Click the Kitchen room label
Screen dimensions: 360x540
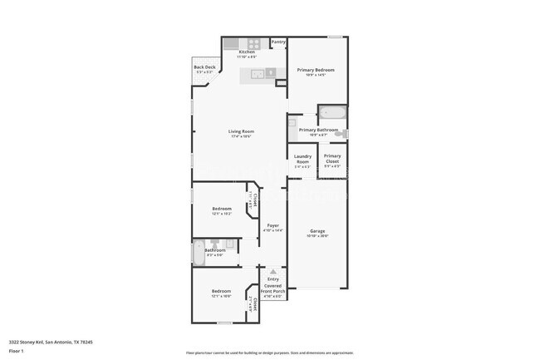click(247, 52)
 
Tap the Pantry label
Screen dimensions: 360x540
click(278, 42)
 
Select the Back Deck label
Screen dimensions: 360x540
click(204, 67)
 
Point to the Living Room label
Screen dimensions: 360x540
click(241, 131)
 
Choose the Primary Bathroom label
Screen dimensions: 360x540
click(318, 130)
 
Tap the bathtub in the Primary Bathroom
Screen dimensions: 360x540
click(332, 113)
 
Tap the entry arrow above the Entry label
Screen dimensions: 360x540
click(272, 271)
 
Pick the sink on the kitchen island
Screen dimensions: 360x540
click(259, 74)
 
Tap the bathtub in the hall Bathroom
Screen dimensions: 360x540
click(198, 252)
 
